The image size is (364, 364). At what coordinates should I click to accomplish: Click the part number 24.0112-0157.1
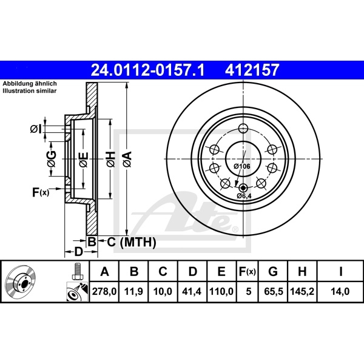[x=147, y=71]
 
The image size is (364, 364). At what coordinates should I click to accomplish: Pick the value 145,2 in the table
[x=303, y=291]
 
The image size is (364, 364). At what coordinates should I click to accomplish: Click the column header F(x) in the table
[x=247, y=271]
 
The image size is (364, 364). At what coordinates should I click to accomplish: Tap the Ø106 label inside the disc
[x=242, y=166]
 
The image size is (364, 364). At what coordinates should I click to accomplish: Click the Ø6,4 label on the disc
[x=244, y=196]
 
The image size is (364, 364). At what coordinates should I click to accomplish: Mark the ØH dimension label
[x=110, y=160]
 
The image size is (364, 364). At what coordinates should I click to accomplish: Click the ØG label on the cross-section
[x=52, y=160]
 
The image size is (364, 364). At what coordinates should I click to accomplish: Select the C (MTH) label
[x=127, y=243]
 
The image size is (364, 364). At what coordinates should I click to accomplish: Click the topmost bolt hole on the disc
[x=243, y=128]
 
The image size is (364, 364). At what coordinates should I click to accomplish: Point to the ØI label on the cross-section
[x=35, y=128]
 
